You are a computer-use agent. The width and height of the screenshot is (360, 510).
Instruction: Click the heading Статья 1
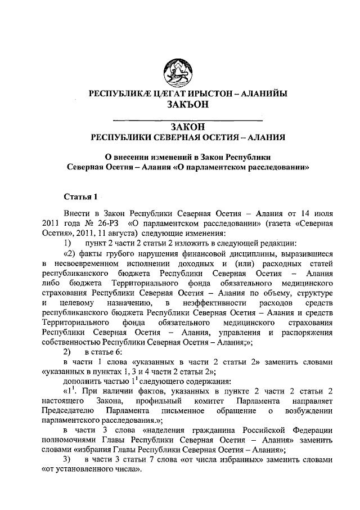point(82,196)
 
